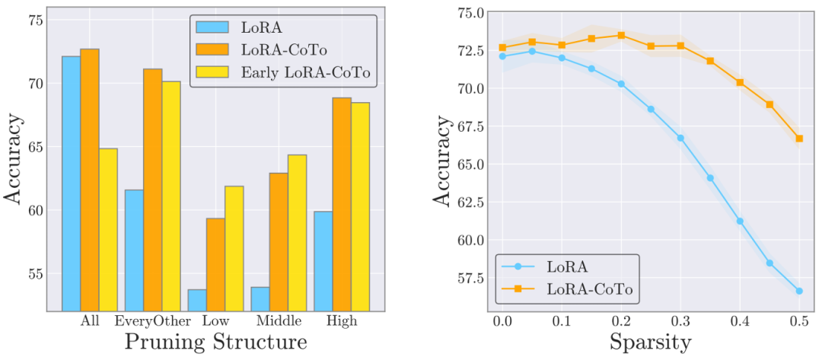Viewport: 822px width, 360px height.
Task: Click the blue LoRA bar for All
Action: (x=71, y=183)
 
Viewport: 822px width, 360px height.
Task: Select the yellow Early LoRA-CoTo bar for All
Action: (x=108, y=229)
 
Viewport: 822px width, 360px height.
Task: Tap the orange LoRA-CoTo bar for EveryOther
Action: (x=153, y=190)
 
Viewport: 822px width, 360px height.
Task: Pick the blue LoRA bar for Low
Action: (x=197, y=300)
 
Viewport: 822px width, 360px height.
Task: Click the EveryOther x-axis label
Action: (x=153, y=321)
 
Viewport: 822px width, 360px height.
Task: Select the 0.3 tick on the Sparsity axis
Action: (x=680, y=320)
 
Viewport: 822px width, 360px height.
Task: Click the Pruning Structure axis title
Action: (x=216, y=342)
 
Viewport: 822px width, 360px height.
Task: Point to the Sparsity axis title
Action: (x=651, y=342)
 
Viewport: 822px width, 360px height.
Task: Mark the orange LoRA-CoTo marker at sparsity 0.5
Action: (x=799, y=139)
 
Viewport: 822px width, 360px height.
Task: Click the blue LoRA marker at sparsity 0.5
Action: (x=799, y=291)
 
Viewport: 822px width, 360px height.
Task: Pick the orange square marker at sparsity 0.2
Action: (x=621, y=35)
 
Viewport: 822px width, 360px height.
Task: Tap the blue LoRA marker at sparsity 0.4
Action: (x=740, y=221)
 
